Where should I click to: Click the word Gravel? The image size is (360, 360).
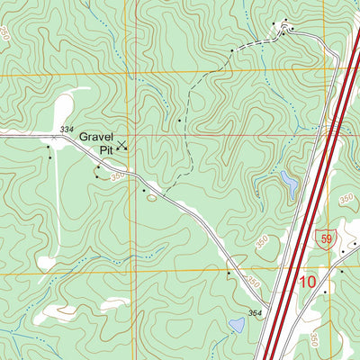pos(96,137)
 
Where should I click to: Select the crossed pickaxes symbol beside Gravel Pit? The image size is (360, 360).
pos(122,144)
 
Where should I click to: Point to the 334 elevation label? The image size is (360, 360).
pos(66,130)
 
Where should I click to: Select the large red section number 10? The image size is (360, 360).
pos(307,283)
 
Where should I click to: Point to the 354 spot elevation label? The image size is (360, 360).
pos(256,312)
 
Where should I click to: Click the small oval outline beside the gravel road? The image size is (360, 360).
pos(152,196)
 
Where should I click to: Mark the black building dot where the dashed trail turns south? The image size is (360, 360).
pos(179,119)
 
